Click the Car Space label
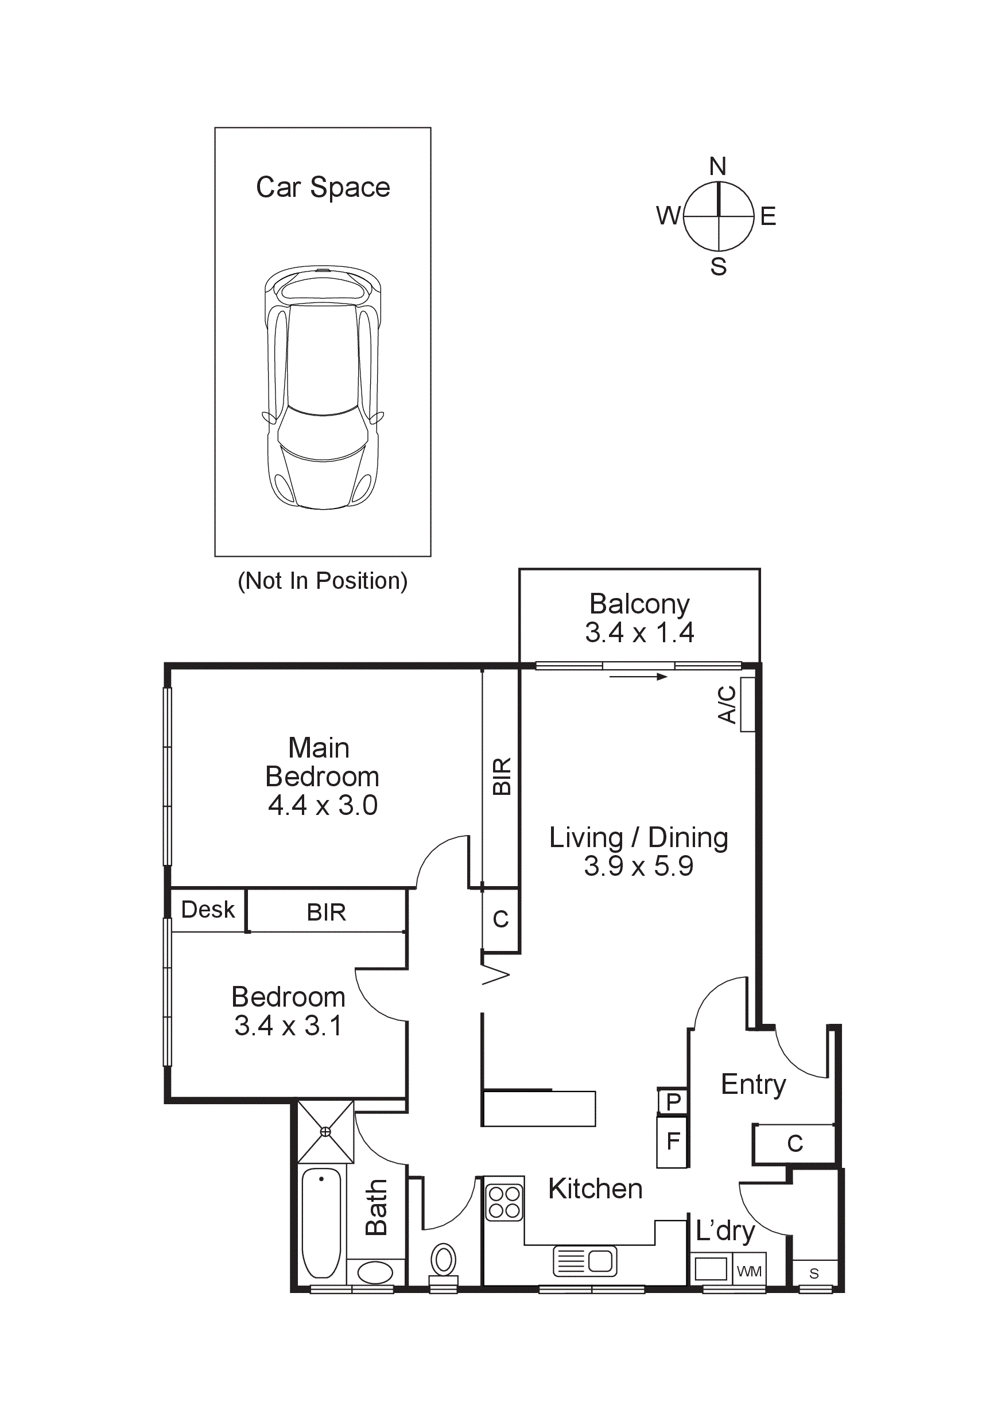(x=323, y=188)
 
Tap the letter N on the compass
(x=717, y=166)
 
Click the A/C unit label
(x=727, y=704)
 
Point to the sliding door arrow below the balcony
(x=638, y=677)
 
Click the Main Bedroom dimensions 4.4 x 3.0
(x=323, y=805)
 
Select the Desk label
(x=208, y=909)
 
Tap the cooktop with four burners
(x=504, y=1201)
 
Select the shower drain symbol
(x=325, y=1132)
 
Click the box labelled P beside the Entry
(x=673, y=1101)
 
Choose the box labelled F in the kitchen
(x=673, y=1140)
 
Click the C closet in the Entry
(x=794, y=1144)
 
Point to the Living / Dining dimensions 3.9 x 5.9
(x=639, y=865)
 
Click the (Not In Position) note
(x=323, y=581)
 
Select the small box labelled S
(x=814, y=1273)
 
